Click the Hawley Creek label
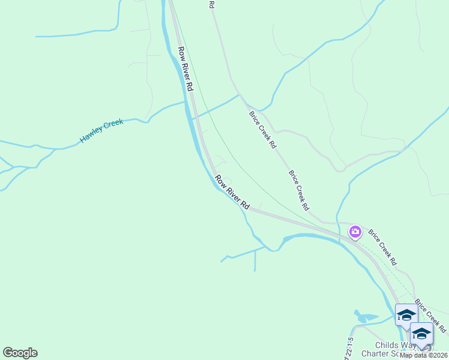tap(101, 131)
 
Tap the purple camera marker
tap(355, 232)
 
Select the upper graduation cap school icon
tap(406, 314)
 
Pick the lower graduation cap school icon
tap(421, 333)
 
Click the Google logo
tap(20, 353)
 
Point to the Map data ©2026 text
tap(424, 355)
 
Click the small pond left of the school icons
tap(364, 316)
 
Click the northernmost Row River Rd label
tap(185, 69)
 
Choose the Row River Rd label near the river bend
tap(232, 192)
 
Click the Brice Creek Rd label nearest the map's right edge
tap(430, 317)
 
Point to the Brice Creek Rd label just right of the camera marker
tap(382, 247)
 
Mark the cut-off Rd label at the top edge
tap(212, 4)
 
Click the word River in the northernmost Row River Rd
tap(184, 67)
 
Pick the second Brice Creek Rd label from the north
tap(298, 190)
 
